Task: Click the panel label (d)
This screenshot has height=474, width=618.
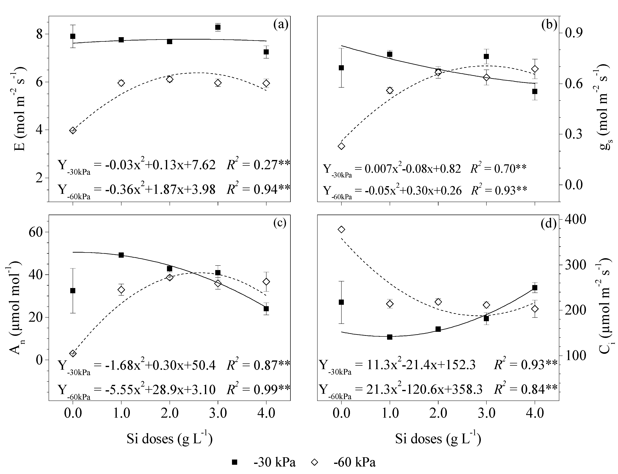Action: click(549, 223)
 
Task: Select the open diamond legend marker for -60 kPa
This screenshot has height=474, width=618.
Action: click(315, 462)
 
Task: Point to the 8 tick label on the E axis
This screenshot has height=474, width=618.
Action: click(39, 34)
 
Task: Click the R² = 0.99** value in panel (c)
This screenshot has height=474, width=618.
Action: click(258, 389)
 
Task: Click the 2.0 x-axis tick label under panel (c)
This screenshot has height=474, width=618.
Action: click(169, 413)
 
